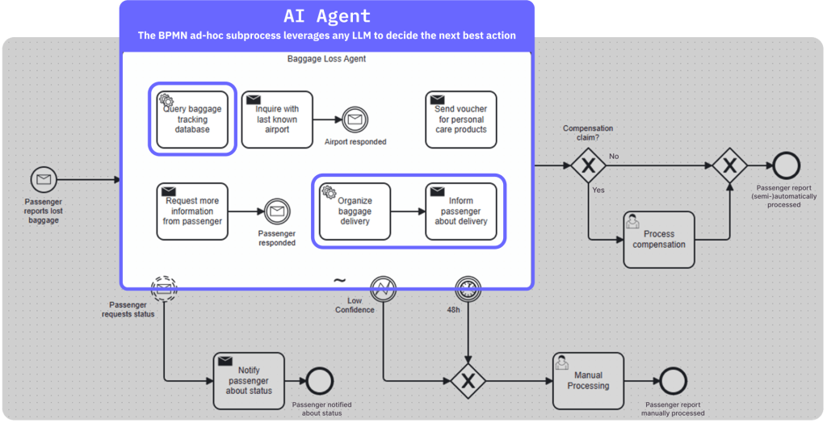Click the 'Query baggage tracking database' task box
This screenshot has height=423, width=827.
pyautogui.click(x=192, y=119)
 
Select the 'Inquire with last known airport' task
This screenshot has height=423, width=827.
pyautogui.click(x=277, y=119)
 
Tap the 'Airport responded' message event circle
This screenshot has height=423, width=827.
pyautogui.click(x=355, y=119)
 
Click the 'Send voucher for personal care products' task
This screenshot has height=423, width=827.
pyautogui.click(x=460, y=119)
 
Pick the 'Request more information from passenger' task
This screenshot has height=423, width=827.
pyautogui.click(x=192, y=211)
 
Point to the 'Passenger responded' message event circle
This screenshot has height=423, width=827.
pyautogui.click(x=276, y=211)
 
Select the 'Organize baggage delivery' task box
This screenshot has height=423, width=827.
pyautogui.click(x=355, y=211)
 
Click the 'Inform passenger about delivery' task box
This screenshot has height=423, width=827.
pyautogui.click(x=460, y=211)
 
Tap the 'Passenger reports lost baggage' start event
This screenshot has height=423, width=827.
pyautogui.click(x=44, y=179)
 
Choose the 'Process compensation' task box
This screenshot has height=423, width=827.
pyautogui.click(x=659, y=240)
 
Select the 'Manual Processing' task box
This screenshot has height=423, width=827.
pyautogui.click(x=588, y=380)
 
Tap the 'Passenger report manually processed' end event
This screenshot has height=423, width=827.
pyautogui.click(x=673, y=380)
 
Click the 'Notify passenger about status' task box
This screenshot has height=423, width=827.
pyautogui.click(x=249, y=380)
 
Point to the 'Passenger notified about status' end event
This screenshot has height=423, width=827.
pyautogui.click(x=320, y=380)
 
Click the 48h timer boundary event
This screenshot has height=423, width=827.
pyautogui.click(x=468, y=288)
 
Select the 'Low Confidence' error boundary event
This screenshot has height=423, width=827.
pyautogui.click(x=383, y=288)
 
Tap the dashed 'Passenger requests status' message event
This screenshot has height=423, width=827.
pyautogui.click(x=164, y=288)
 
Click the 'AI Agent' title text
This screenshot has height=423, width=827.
pyautogui.click(x=327, y=16)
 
